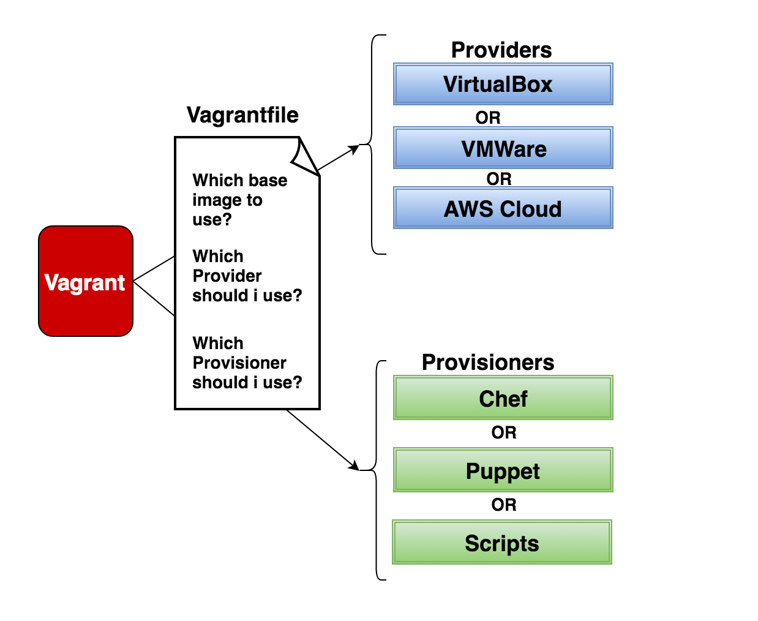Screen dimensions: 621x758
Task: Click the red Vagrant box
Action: pos(86,281)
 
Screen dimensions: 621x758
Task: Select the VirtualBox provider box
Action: pos(503,84)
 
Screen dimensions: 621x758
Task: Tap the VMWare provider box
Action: pos(503,148)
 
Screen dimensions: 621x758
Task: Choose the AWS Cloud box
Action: pos(503,209)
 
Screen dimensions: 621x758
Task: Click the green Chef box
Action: pos(503,398)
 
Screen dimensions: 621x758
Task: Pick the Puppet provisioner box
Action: pos(503,470)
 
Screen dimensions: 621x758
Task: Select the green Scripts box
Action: pos(502,543)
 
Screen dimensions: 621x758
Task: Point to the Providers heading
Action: pos(501,50)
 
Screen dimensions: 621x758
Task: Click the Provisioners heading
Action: pos(487,363)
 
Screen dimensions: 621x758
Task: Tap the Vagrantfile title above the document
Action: pos(242,115)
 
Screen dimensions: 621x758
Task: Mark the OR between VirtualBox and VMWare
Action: pos(488,118)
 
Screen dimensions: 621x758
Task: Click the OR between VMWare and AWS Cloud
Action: pos(498,179)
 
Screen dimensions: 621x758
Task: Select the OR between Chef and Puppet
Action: pos(503,432)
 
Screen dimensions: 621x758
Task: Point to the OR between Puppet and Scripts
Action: pos(503,505)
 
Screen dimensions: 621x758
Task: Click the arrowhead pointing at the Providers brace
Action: pos(354,148)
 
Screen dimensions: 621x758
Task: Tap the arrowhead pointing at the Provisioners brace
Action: pos(354,467)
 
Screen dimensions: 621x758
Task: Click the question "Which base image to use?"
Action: pos(239,200)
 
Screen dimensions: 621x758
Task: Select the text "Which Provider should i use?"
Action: pos(247,276)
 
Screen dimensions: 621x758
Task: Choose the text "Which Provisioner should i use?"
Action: pos(247,363)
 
